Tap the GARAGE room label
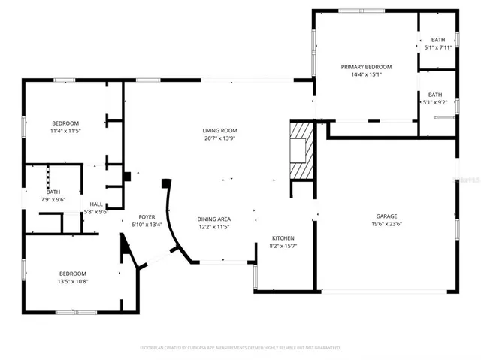point(388,216)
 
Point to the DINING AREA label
point(213,218)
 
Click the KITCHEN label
point(283,237)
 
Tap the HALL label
point(96,204)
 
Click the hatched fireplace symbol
point(301,150)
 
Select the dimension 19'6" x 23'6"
point(388,224)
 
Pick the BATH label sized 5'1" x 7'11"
point(437,40)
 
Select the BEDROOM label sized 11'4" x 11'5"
point(65,123)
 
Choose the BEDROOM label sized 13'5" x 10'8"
point(73,273)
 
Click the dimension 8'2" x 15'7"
point(283,246)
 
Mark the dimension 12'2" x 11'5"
point(213,226)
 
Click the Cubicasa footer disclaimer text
point(240,348)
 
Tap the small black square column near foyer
point(126,177)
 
